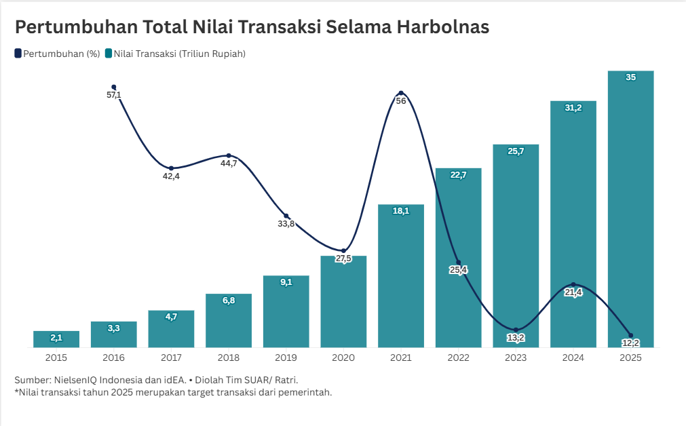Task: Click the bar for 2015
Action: [56, 339]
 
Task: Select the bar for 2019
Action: [286, 312]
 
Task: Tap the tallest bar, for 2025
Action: [630, 210]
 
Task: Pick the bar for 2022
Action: [458, 258]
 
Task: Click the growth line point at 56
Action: [401, 93]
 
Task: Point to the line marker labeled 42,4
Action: [171, 168]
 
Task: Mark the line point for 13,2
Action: [516, 330]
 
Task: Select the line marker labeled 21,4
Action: [573, 284]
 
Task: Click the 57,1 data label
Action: [114, 95]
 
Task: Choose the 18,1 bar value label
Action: [401, 211]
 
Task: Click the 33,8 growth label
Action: [286, 224]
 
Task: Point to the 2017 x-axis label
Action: [171, 357]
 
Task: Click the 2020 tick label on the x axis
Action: [343, 357]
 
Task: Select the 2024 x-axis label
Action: [573, 357]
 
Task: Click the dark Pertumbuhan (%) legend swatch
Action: [18, 54]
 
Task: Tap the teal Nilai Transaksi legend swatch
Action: [109, 54]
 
